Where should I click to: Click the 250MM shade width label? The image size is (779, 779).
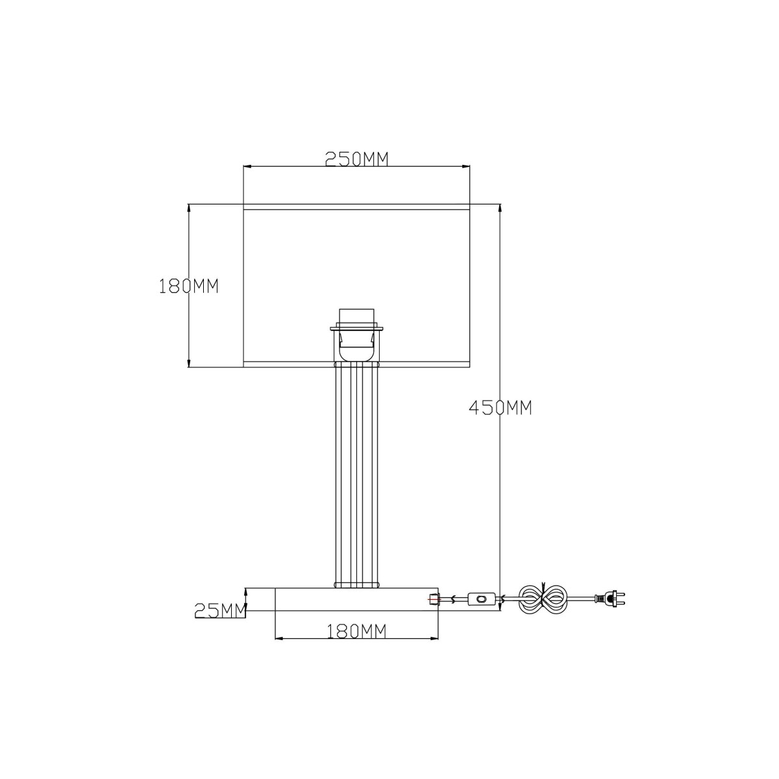[356, 159]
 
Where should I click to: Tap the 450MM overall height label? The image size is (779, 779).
[501, 408]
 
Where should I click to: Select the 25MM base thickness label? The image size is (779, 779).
[220, 611]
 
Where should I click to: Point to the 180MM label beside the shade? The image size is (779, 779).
[189, 286]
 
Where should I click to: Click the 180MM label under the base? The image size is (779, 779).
[356, 631]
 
